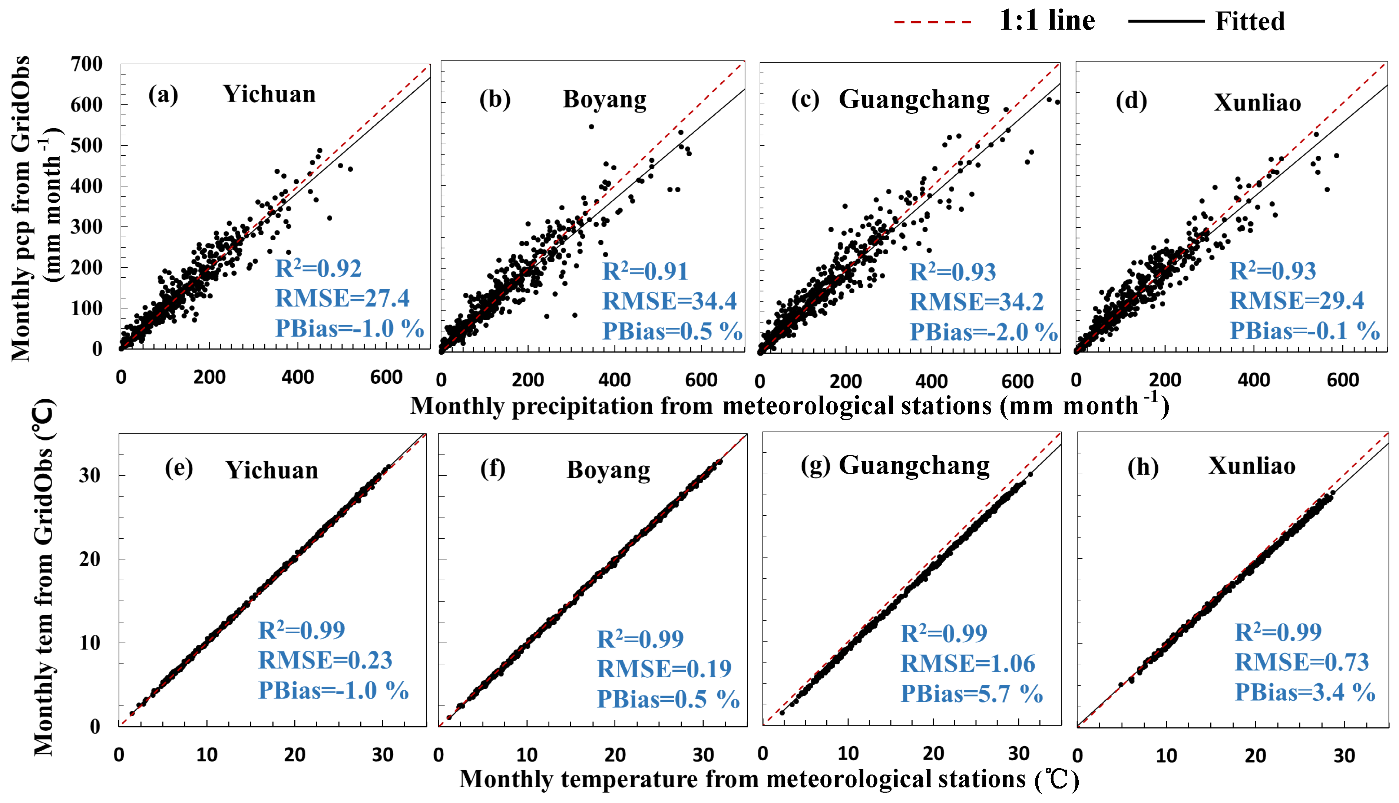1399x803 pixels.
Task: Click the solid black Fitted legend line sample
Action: click(x=1166, y=22)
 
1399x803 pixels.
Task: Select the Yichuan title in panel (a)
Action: click(x=269, y=94)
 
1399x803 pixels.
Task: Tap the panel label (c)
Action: click(x=806, y=100)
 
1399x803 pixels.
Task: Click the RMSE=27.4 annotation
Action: click(x=342, y=298)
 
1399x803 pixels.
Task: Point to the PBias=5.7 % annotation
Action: click(x=971, y=693)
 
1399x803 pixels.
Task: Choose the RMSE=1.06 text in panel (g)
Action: click(x=968, y=664)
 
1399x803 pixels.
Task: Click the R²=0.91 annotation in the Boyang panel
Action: click(x=645, y=271)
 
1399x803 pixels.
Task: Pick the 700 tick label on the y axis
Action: click(x=87, y=64)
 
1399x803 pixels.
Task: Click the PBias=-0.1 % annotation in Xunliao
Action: click(x=1304, y=331)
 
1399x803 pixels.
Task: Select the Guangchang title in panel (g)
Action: click(x=914, y=466)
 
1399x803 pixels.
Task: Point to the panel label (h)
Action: click(x=1142, y=467)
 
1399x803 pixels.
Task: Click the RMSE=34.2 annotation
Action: click(x=976, y=302)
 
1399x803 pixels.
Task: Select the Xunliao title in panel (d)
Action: click(x=1257, y=103)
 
